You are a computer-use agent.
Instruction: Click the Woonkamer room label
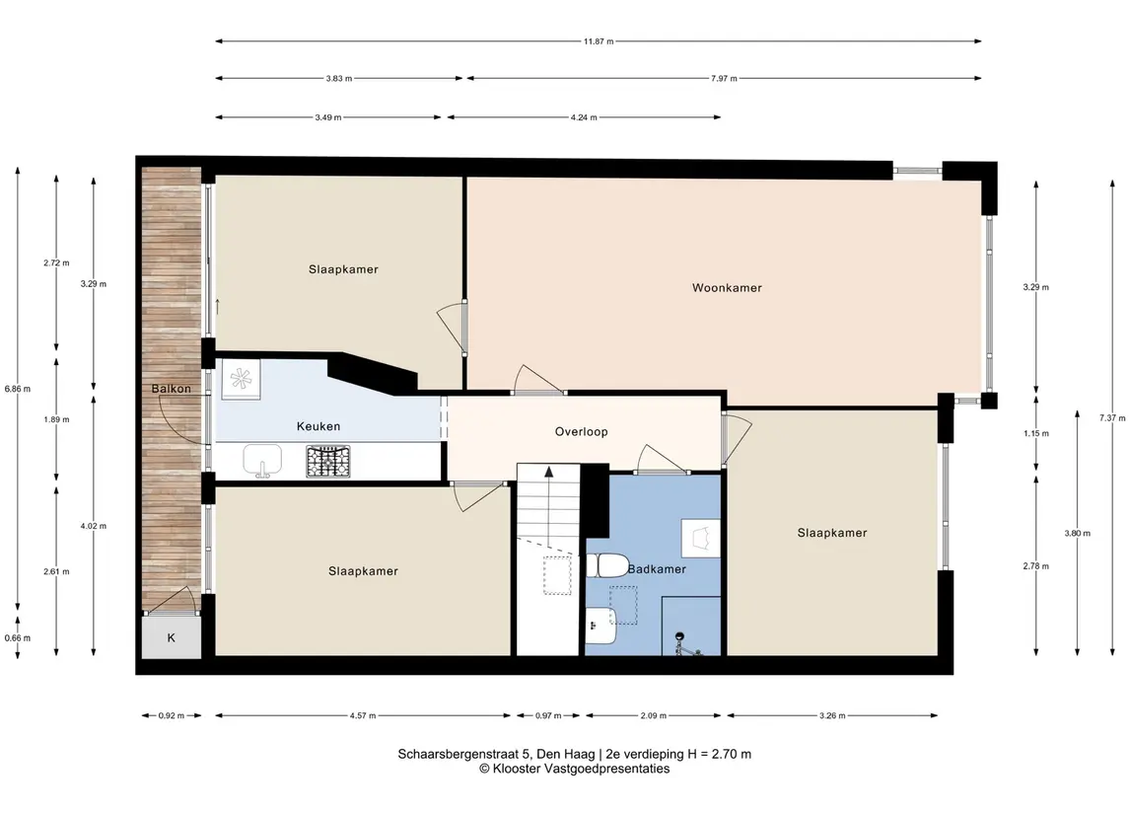(x=727, y=288)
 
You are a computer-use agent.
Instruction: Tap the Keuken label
(x=318, y=426)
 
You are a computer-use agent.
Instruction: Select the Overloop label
(x=581, y=432)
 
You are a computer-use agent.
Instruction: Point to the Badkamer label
(x=657, y=569)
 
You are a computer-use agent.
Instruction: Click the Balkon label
(x=172, y=389)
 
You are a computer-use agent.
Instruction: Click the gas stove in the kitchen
(x=328, y=462)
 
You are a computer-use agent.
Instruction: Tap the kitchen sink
(x=262, y=461)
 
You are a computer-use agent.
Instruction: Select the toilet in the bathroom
(x=608, y=565)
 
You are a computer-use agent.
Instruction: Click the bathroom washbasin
(x=600, y=626)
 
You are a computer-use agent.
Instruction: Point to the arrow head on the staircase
(x=549, y=472)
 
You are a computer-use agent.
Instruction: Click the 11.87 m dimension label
(x=599, y=41)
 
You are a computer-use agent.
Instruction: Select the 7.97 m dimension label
(x=724, y=79)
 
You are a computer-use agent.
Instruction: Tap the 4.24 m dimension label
(x=584, y=117)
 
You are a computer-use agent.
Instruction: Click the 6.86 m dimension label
(x=18, y=389)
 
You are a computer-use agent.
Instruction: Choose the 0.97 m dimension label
(x=548, y=716)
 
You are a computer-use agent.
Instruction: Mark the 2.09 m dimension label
(x=653, y=716)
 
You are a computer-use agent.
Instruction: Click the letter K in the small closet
(x=172, y=638)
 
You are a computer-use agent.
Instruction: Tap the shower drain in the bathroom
(x=678, y=636)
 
